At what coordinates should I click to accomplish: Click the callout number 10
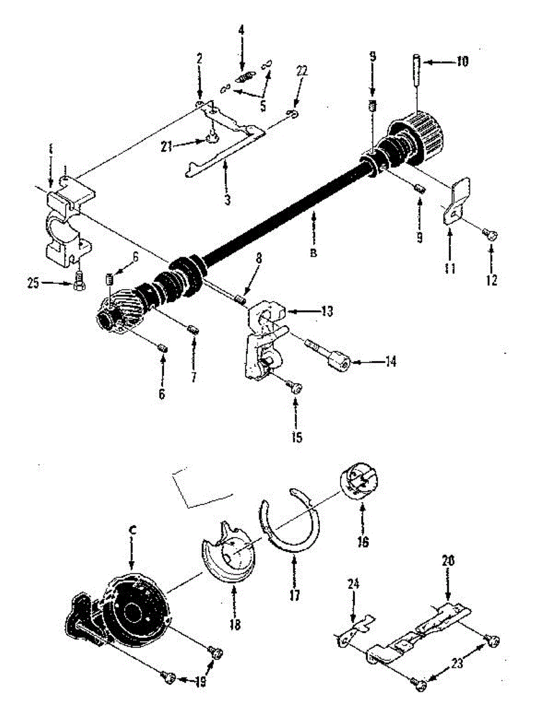[462, 61]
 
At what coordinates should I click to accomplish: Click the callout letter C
[132, 529]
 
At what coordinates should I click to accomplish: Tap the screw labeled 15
[296, 387]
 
